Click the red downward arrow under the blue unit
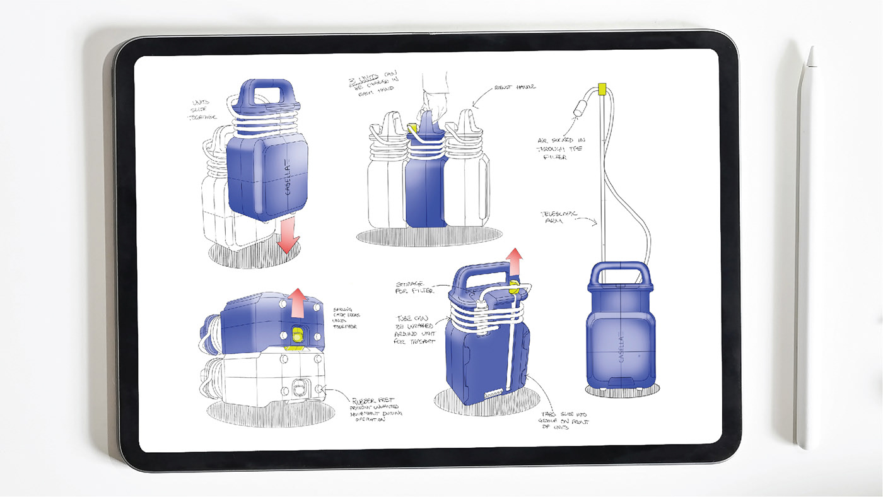[x=288, y=237]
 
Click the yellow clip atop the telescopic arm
[x=602, y=88]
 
